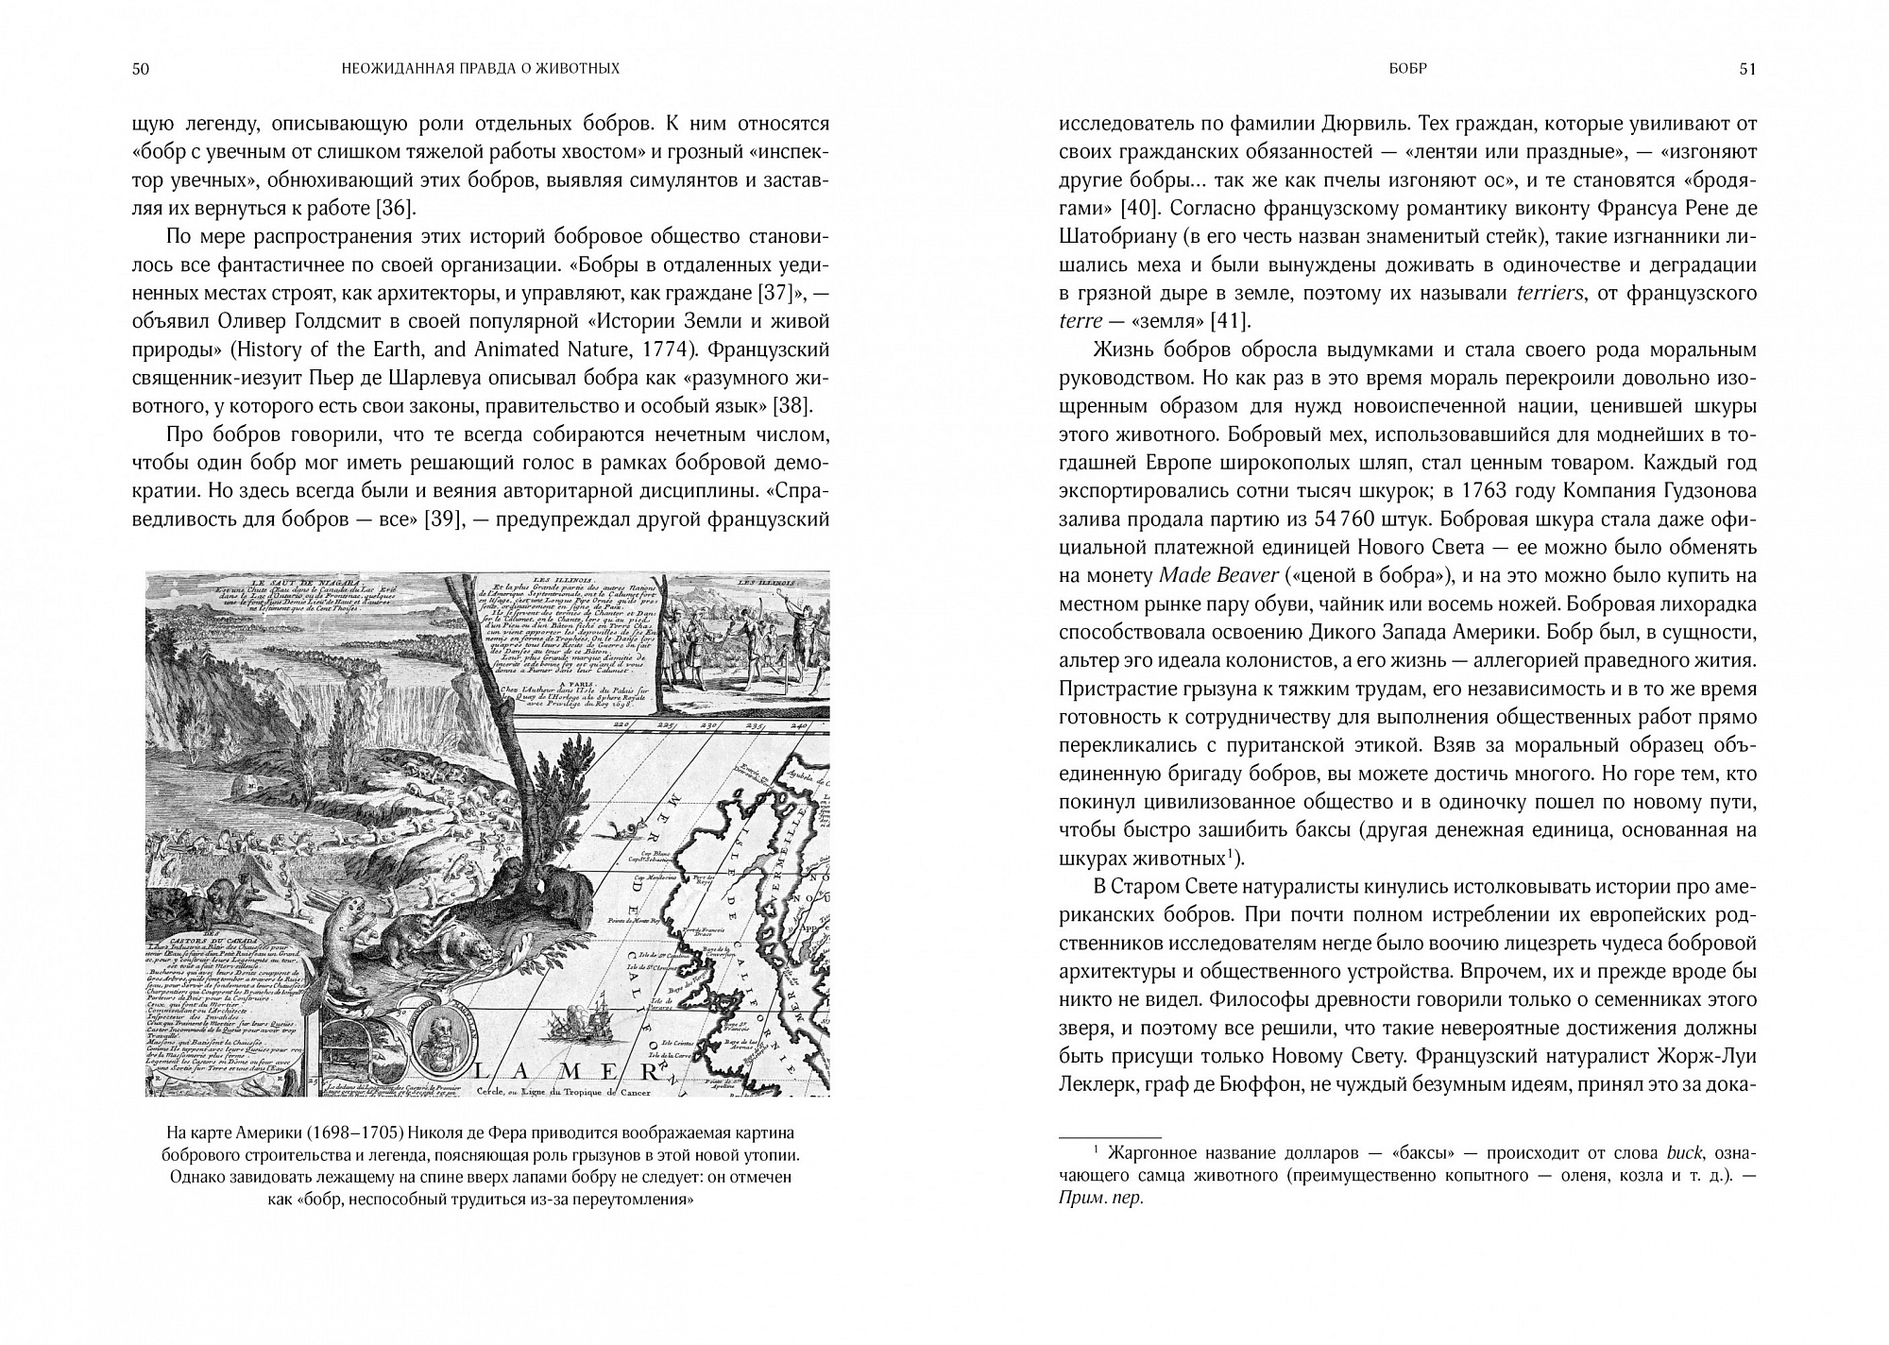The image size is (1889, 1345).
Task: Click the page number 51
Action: tap(1747, 69)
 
